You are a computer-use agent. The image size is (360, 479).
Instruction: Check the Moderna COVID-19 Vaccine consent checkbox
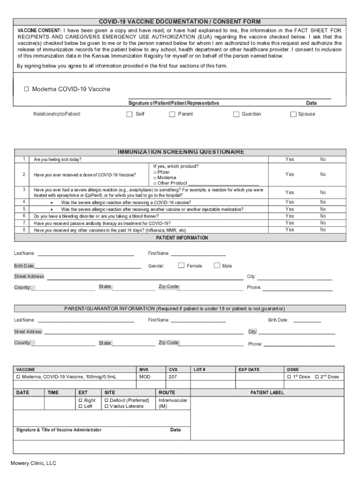(x=27, y=89)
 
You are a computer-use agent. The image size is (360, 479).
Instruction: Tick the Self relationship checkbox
(x=130, y=114)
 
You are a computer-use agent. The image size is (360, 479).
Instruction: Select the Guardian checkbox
(x=237, y=114)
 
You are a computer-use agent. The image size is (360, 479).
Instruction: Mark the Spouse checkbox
(x=294, y=114)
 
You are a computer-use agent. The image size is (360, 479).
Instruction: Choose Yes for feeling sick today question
(x=290, y=160)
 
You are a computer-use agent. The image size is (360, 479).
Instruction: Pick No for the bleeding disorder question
(x=323, y=216)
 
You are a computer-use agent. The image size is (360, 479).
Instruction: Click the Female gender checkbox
(x=181, y=266)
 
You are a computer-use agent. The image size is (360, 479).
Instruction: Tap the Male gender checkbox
(x=217, y=266)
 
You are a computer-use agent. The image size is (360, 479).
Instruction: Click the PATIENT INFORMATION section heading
(x=182, y=238)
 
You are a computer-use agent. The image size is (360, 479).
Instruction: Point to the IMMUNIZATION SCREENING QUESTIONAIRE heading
(x=181, y=152)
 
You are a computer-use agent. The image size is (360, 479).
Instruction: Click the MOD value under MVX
(x=145, y=377)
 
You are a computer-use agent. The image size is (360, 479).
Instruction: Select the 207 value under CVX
(x=173, y=377)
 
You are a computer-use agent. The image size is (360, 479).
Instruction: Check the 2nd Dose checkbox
(x=317, y=377)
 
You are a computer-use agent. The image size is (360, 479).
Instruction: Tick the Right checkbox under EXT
(x=80, y=400)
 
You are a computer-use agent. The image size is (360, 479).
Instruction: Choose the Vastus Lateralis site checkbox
(x=107, y=406)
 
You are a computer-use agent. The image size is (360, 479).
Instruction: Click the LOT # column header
(x=199, y=370)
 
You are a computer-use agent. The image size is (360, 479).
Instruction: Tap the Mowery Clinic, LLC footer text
(x=34, y=463)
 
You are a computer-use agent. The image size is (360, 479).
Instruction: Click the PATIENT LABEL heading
(x=267, y=392)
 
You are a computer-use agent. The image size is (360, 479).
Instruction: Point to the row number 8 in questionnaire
(x=24, y=230)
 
